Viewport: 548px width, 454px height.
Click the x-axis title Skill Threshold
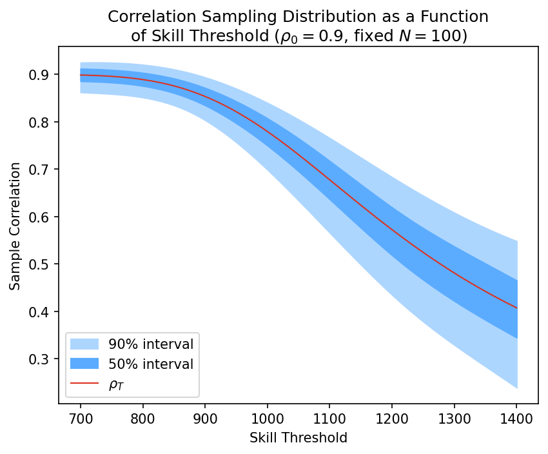tap(298, 438)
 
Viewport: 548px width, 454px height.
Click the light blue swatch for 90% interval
tap(84, 344)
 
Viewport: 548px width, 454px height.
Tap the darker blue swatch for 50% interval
tap(84, 364)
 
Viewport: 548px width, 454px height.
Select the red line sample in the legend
tap(84, 384)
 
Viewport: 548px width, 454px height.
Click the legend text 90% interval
tap(150, 344)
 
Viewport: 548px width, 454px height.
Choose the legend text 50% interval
tap(150, 364)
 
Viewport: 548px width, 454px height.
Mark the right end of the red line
tap(517, 308)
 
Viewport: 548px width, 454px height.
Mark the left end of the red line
tap(81, 75)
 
